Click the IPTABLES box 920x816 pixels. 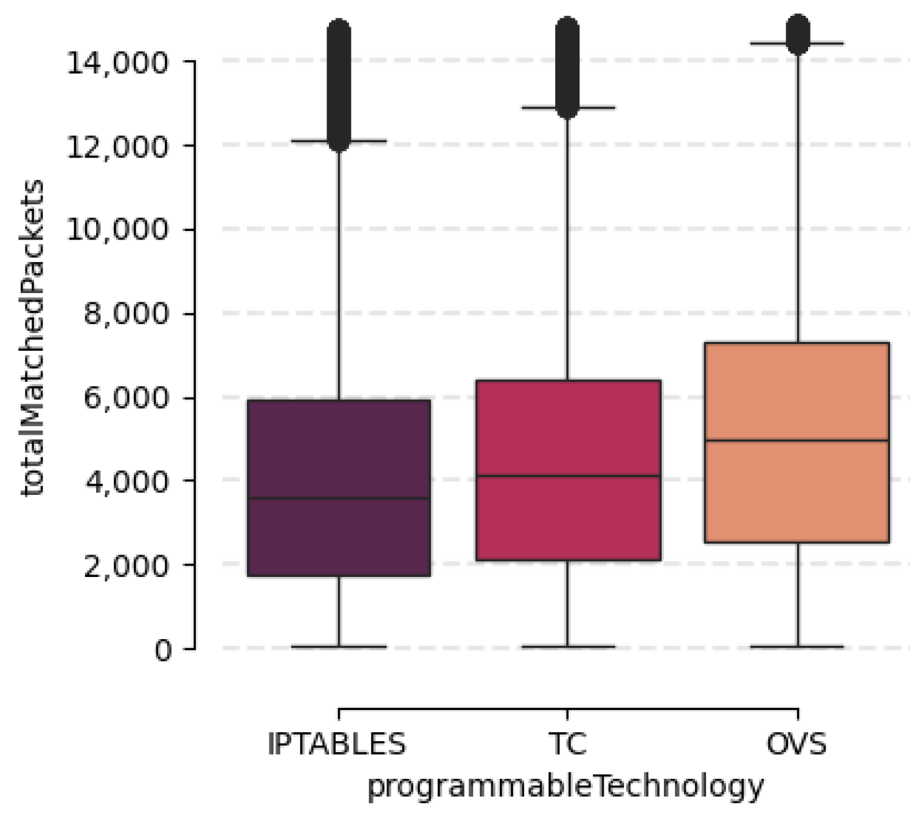coord(339,450)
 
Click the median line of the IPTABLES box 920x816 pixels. coord(339,499)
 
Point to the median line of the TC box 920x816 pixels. coord(568,476)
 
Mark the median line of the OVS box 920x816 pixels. coord(797,440)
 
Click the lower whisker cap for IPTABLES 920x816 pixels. coord(339,646)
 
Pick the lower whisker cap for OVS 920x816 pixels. coord(797,646)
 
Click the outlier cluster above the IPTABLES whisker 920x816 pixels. coord(339,85)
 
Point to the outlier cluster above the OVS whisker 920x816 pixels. coord(797,33)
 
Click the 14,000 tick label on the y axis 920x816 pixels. coord(117,62)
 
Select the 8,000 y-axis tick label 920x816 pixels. coord(125,314)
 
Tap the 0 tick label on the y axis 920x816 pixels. coord(163,650)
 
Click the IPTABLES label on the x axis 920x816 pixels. coord(336,744)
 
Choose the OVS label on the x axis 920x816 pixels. coord(797,744)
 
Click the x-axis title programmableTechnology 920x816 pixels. coord(565,787)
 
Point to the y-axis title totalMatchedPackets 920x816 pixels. coord(32,337)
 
